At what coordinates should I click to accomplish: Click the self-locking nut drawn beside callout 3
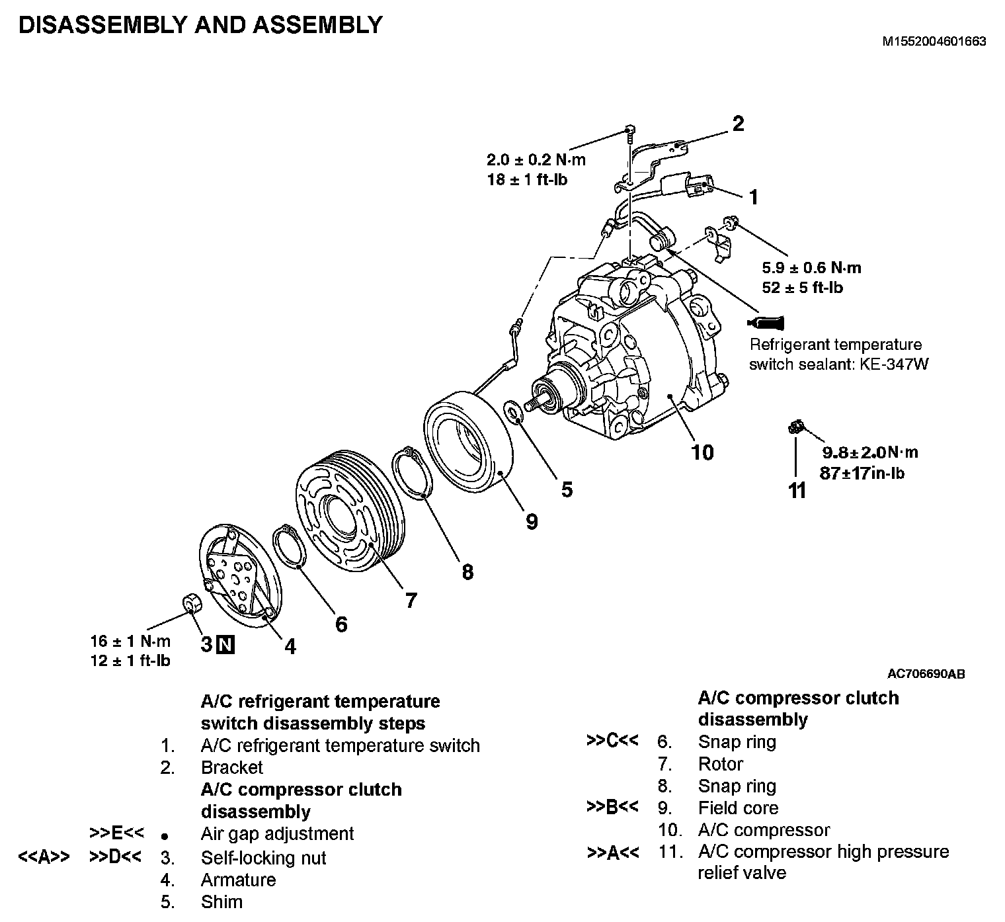pyautogui.click(x=190, y=603)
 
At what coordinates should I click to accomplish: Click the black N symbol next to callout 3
pyautogui.click(x=226, y=644)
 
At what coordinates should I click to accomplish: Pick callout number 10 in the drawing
pyautogui.click(x=702, y=452)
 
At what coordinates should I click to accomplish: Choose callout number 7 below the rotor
pyautogui.click(x=411, y=600)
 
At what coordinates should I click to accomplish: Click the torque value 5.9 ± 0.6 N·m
pyautogui.click(x=811, y=268)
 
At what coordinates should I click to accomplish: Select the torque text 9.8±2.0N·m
pyautogui.click(x=869, y=453)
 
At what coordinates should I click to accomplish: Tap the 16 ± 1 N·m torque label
pyautogui.click(x=130, y=641)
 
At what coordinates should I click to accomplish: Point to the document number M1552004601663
pyautogui.click(x=934, y=41)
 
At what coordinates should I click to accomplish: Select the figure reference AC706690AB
pyautogui.click(x=926, y=675)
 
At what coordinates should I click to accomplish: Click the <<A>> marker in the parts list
pyautogui.click(x=44, y=857)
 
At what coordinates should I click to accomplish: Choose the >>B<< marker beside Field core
pyautogui.click(x=612, y=808)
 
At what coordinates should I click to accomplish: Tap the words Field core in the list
pyautogui.click(x=738, y=808)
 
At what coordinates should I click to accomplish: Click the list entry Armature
pyautogui.click(x=238, y=880)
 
